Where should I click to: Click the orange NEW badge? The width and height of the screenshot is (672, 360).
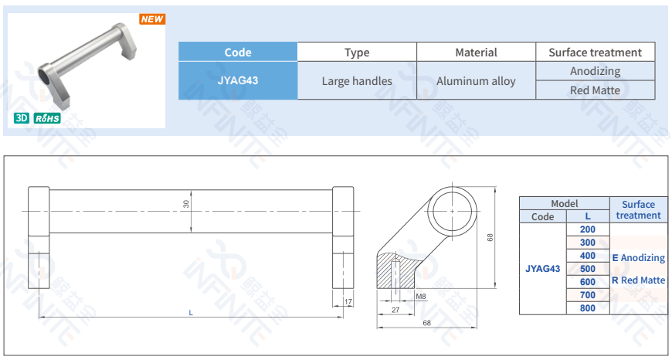pyautogui.click(x=152, y=19)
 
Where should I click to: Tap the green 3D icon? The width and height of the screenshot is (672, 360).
pyautogui.click(x=22, y=118)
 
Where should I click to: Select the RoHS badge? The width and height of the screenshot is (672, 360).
pyautogui.click(x=47, y=118)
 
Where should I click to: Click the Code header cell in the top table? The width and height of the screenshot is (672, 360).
pyautogui.click(x=238, y=52)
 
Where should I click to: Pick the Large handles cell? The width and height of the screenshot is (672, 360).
pyautogui.click(x=357, y=80)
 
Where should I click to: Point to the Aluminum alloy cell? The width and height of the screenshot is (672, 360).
pyautogui.click(x=476, y=80)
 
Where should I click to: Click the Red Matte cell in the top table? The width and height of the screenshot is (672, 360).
pyautogui.click(x=596, y=90)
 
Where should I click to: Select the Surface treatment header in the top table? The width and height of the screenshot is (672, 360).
pyautogui.click(x=596, y=52)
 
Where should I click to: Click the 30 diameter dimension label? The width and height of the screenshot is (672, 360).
pyautogui.click(x=186, y=204)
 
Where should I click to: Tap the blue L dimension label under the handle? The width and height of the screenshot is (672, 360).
pyautogui.click(x=191, y=313)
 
